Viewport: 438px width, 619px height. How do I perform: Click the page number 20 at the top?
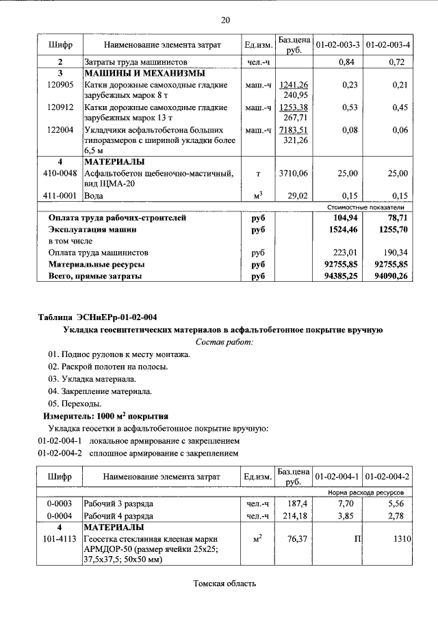tap(225, 19)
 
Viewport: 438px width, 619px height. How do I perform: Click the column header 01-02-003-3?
tap(337, 45)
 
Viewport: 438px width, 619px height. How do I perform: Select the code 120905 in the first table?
tap(60, 84)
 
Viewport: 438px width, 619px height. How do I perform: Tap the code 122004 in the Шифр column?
tap(60, 129)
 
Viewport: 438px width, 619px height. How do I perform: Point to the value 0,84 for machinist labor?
tap(350, 62)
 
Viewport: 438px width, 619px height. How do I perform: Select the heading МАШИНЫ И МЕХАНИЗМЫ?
tap(134, 73)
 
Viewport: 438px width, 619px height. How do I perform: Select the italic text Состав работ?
tap(224, 341)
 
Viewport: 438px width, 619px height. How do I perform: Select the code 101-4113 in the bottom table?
tap(60, 540)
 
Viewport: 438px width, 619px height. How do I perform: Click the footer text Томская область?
tap(224, 583)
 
